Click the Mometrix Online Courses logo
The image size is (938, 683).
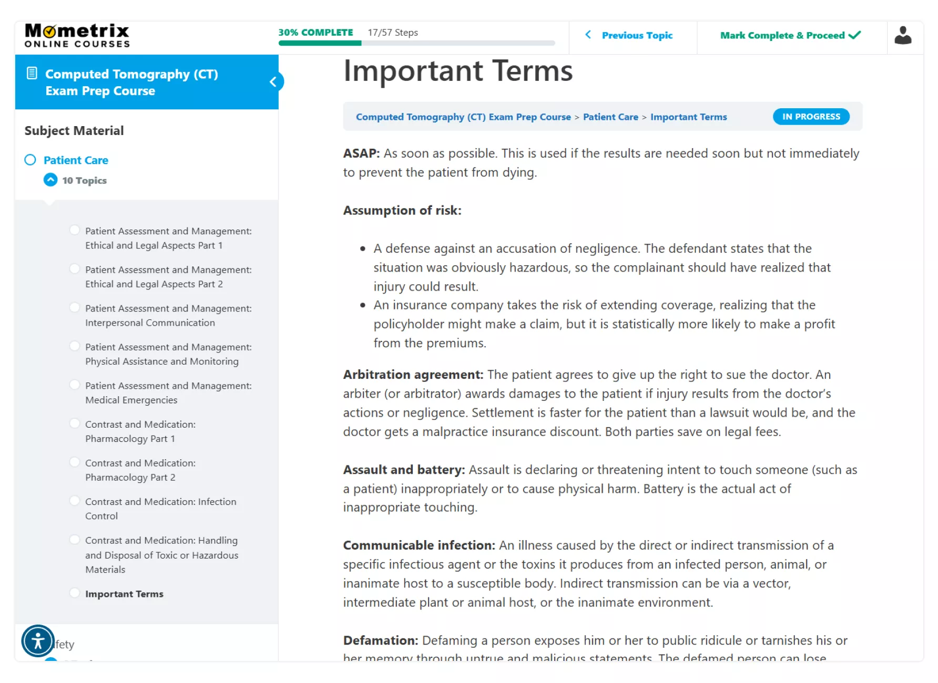click(77, 36)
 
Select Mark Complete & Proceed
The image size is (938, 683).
click(790, 35)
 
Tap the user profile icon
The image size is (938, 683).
click(903, 36)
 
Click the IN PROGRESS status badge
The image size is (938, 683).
click(811, 117)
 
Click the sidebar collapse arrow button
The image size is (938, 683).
click(273, 81)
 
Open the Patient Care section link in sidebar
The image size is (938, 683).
click(76, 160)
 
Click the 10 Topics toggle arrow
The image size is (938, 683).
click(50, 180)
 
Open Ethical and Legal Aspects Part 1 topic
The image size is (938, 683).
click(168, 238)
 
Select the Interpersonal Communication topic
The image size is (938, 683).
click(168, 315)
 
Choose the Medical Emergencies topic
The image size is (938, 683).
click(168, 392)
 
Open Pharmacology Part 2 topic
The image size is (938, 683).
click(140, 470)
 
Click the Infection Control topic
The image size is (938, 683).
click(160, 509)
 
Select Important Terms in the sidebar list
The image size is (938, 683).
click(124, 594)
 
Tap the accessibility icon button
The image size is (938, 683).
click(38, 641)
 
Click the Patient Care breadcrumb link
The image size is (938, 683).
click(610, 117)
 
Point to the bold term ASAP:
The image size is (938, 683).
click(361, 153)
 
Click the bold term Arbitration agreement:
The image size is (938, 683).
click(413, 375)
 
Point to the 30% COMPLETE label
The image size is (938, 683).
click(315, 33)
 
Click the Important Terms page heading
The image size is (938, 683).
click(457, 71)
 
